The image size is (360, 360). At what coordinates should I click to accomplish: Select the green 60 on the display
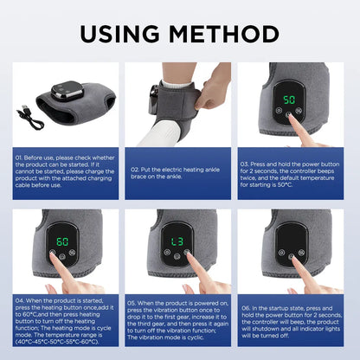[x=62, y=241]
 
